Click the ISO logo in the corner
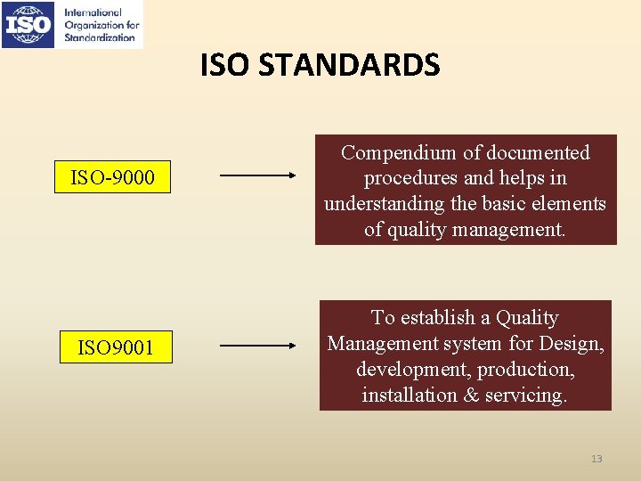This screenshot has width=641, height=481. pos(29,24)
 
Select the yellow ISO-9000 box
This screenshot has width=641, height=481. pos(112,178)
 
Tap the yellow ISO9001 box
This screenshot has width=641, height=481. pos(115,347)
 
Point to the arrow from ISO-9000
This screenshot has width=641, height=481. pos(258,175)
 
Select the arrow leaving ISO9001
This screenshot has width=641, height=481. pos(258,345)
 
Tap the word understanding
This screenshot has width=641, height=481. pos(385,204)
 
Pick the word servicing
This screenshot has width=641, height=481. pos(526,395)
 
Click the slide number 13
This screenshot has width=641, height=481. pos(596,459)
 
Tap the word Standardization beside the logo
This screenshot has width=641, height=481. pos(101,37)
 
